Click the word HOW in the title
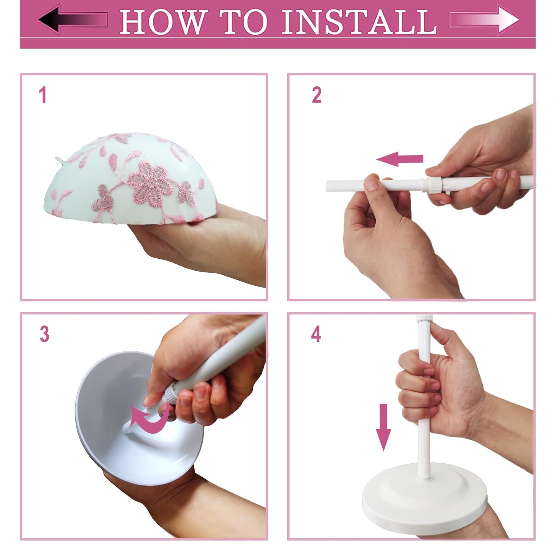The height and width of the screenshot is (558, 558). [x=161, y=22]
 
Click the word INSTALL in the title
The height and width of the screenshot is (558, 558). [x=359, y=22]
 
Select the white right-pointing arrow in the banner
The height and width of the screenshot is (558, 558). [x=485, y=19]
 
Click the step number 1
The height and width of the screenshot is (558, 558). [x=43, y=95]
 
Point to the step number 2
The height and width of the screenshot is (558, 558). [x=316, y=95]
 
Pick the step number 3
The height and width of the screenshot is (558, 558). [x=44, y=334]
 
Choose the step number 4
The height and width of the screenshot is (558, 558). [x=316, y=334]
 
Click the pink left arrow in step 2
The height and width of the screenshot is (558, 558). [x=400, y=159]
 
